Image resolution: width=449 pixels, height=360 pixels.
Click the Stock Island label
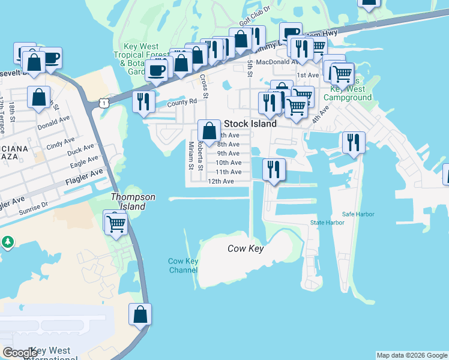point(250,124)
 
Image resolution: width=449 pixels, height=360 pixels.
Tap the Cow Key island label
point(246,249)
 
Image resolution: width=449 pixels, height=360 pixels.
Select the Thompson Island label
point(133,202)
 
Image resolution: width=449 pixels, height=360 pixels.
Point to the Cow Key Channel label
point(183,266)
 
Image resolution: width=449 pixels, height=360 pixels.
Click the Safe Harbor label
point(358,214)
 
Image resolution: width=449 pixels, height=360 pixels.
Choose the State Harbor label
point(327,223)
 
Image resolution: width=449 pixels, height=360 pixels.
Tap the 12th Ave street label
point(220,181)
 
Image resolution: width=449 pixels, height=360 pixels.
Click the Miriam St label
point(190,155)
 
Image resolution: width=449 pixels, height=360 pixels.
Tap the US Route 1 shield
point(104,103)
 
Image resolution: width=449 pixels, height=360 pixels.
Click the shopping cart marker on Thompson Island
point(115,224)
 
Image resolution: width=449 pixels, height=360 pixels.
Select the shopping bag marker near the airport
point(140,314)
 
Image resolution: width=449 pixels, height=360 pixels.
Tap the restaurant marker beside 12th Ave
point(273,169)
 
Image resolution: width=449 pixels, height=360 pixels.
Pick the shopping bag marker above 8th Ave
point(209,130)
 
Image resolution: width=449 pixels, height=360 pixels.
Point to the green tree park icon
point(7,242)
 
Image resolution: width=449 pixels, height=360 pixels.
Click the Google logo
point(20,353)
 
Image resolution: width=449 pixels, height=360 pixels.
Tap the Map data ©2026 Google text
point(412,355)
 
